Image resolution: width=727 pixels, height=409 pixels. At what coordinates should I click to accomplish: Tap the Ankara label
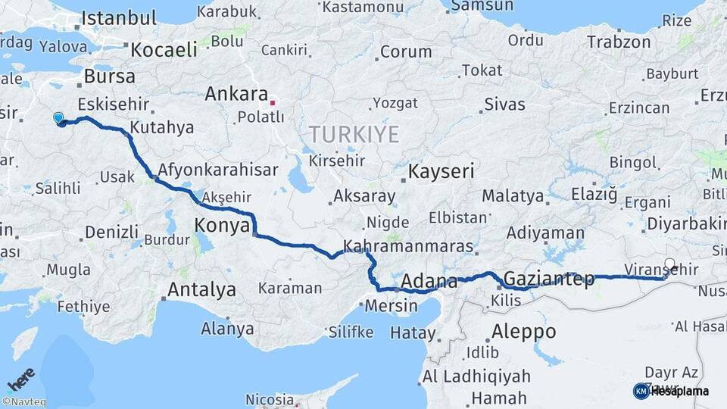pos(236,95)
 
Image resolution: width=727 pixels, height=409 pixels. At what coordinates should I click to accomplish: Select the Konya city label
pos(222,225)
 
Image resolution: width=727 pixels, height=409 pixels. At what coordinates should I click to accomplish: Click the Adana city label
pos(429,283)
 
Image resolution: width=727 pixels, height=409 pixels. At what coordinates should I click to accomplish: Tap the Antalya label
pos(201,289)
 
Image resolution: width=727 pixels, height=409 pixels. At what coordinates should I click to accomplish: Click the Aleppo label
pos(523,331)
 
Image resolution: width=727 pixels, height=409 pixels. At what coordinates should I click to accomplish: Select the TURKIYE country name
pos(353,135)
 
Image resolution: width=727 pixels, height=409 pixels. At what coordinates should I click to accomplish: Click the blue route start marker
pos(59,117)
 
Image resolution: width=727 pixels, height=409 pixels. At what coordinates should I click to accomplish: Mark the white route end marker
pos(669,264)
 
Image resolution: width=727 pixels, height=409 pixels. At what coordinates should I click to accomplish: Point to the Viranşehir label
pos(660,269)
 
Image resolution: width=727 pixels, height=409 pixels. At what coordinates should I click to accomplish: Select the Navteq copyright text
pos(23,402)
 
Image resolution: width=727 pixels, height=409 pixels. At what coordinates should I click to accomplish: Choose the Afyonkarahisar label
pos(218,170)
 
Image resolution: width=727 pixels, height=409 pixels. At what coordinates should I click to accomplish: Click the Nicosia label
pos(269,399)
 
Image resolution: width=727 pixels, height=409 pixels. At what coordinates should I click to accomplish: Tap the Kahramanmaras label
pos(408,247)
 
